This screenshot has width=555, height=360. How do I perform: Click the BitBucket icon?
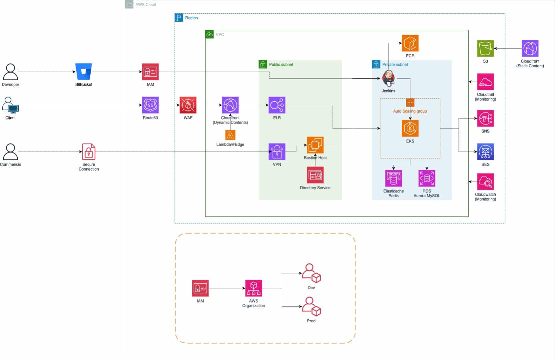coord(84,72)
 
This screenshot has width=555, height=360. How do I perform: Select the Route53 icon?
coord(150,105)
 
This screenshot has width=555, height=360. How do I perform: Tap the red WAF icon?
coord(188,105)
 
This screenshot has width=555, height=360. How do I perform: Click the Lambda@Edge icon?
coord(230,135)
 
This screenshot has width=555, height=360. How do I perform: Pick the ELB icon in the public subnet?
coord(277,105)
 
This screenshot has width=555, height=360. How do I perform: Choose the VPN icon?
coord(277,152)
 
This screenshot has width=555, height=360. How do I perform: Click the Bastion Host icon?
coord(315,145)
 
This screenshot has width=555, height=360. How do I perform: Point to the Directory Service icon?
coord(315,175)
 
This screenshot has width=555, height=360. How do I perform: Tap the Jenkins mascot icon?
coord(388,78)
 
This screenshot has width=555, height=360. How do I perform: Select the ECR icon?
coord(410,43)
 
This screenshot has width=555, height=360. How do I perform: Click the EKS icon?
coord(410,129)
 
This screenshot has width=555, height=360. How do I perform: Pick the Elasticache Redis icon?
coord(393,179)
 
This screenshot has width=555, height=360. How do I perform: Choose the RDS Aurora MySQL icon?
coord(427,179)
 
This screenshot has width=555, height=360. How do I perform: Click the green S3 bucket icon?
coord(485,49)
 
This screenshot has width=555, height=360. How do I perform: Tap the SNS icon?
coord(485,119)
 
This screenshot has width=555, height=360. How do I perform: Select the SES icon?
coord(485,152)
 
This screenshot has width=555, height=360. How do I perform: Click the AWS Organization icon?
coord(254,288)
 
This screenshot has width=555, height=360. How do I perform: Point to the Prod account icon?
coord(311,307)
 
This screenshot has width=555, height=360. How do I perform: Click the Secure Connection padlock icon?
coord(89,152)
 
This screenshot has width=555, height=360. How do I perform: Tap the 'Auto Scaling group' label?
coord(410,111)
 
